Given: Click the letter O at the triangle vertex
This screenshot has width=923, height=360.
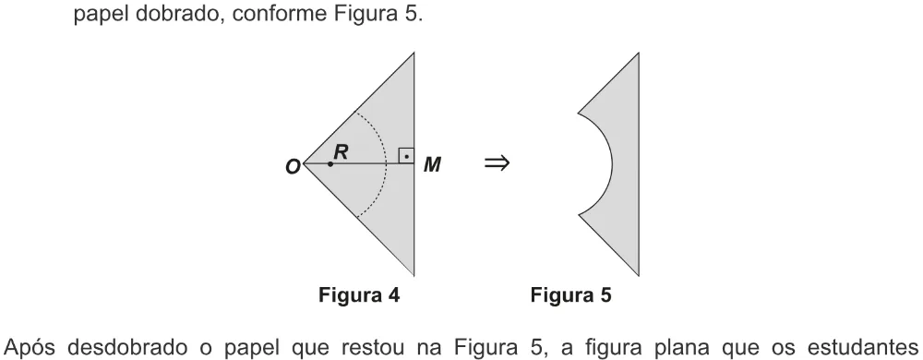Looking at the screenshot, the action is [294, 167].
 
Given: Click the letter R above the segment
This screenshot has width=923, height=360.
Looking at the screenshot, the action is [341, 151].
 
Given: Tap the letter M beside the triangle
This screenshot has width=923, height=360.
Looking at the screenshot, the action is [433, 164].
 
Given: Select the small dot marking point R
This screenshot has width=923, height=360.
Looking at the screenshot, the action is [330, 163].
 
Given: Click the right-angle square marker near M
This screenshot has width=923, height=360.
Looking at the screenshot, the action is [406, 156].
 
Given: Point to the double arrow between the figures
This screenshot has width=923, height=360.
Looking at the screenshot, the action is [497, 163].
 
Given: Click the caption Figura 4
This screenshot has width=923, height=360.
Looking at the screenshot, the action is [359, 294].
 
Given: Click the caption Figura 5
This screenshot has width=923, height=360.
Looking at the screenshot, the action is [571, 294].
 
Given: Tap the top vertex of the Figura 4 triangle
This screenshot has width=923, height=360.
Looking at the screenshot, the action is [414, 53].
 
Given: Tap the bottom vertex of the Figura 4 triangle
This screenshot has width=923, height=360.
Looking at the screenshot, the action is [414, 275].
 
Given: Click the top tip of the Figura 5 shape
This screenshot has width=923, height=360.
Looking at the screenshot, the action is [639, 53].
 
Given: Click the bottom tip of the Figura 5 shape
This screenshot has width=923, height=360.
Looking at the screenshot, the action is [639, 275].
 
